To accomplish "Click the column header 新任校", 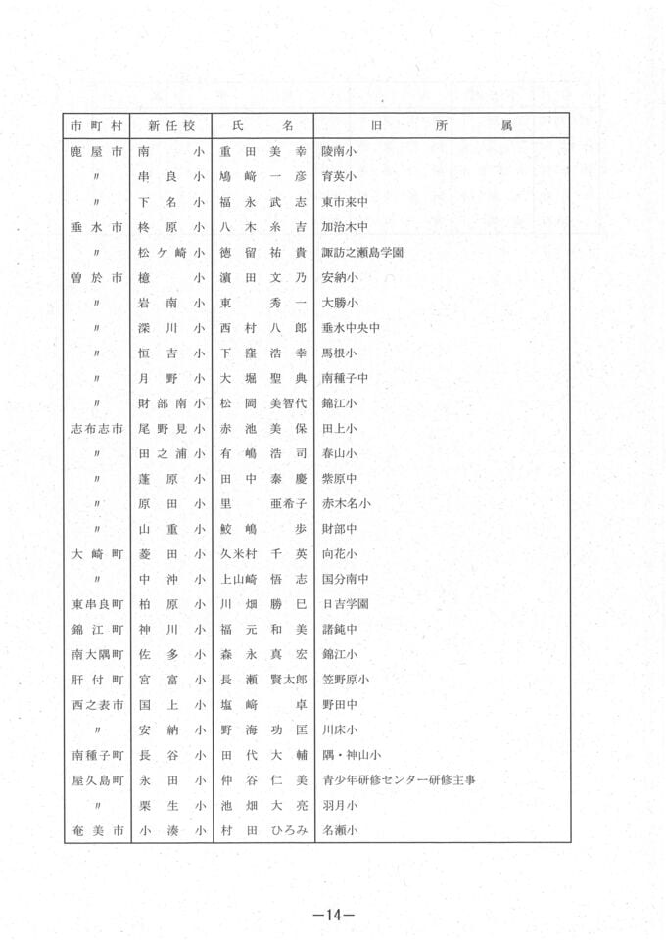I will pyautogui.click(x=172, y=126).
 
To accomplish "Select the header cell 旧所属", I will pyautogui.click(x=442, y=126).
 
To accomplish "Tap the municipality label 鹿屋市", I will pyautogui.click(x=97, y=152).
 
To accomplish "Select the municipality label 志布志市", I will pyautogui.click(x=97, y=428).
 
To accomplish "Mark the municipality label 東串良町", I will pyautogui.click(x=97, y=604).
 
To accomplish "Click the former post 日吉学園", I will pyautogui.click(x=345, y=604).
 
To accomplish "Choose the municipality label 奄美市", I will pyautogui.click(x=97, y=831).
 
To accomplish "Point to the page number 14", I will pyautogui.click(x=332, y=915).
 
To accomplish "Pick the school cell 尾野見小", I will pyautogui.click(x=172, y=428).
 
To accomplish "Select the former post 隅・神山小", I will pyautogui.click(x=351, y=755).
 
